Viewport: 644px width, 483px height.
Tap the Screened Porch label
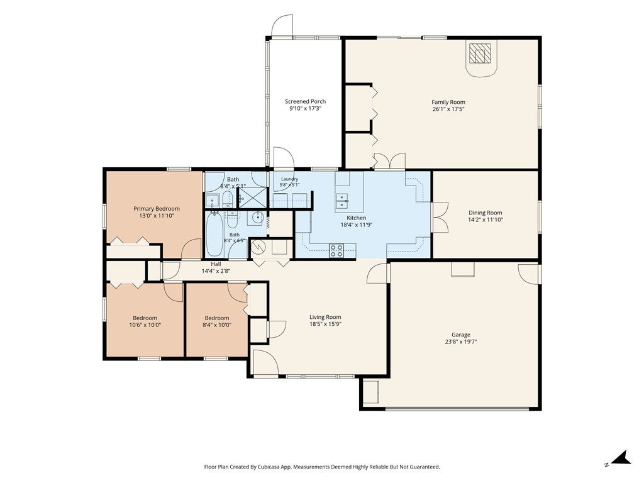click(x=305, y=101)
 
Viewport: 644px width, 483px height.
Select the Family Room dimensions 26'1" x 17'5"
click(x=448, y=109)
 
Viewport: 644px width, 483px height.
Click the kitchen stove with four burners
click(x=336, y=250)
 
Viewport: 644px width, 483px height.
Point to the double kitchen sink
click(x=341, y=201)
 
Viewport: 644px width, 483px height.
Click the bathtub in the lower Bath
click(x=214, y=234)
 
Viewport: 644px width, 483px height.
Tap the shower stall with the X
click(x=253, y=197)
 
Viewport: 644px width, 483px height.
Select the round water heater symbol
click(x=258, y=247)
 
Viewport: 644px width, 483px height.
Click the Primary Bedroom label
click(x=157, y=209)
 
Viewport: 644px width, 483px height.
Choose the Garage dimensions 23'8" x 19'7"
click(x=461, y=341)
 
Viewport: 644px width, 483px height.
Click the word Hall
click(x=216, y=264)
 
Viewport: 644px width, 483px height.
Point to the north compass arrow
click(x=621, y=458)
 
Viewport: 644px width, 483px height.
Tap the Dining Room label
click(x=485, y=213)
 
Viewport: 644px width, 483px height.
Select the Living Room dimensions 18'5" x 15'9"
click(x=325, y=324)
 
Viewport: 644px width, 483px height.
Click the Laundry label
click(x=289, y=179)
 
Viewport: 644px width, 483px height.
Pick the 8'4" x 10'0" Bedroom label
click(x=217, y=318)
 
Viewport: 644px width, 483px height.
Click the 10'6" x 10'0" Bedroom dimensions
click(x=145, y=325)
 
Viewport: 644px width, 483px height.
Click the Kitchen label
click(x=357, y=218)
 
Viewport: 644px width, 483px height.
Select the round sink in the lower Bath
click(x=257, y=218)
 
